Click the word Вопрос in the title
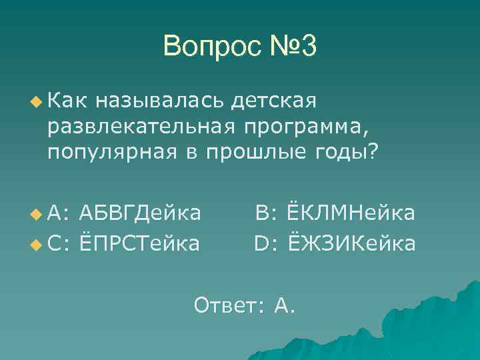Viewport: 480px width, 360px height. point(208,46)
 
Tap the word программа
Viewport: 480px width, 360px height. point(299,127)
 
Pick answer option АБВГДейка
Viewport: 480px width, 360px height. point(139,213)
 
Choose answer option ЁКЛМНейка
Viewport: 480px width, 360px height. point(351,213)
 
